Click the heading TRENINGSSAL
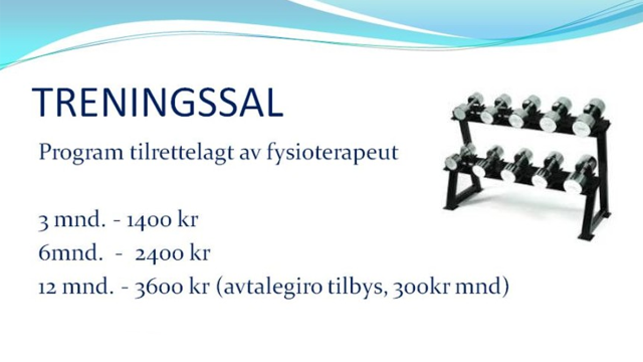click(157, 102)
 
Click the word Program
click(81, 153)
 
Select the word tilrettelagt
click(181, 153)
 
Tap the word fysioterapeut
click(332, 153)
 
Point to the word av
click(249, 155)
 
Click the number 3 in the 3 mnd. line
click(43, 221)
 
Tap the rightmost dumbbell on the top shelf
click(589, 116)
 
